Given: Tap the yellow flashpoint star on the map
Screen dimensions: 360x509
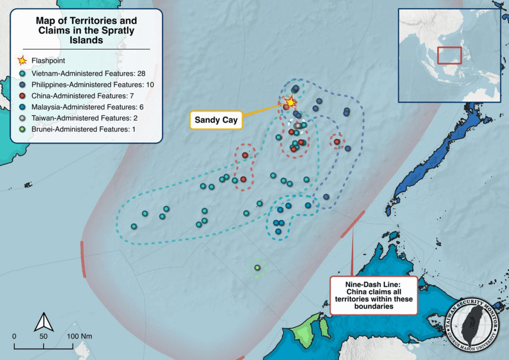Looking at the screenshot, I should pos(290,102).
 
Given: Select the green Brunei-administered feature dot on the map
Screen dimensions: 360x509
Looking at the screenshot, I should pos(257,268).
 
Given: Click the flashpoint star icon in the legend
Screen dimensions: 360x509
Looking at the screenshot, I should pos(22,61).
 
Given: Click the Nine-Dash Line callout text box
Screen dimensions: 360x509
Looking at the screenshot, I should pos(374,295).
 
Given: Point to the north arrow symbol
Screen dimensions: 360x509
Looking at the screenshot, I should pos(43,322).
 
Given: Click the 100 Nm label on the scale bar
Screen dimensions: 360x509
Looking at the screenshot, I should pos(80,336).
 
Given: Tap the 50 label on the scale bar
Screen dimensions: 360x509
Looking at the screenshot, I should pos(44,336).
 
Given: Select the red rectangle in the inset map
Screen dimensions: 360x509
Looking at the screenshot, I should pos(449,55).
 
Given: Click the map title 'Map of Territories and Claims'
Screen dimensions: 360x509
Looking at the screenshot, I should pos(86,31).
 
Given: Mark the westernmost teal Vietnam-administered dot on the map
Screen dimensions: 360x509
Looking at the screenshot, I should pos(134,226).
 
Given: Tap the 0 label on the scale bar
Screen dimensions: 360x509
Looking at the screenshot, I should pos(14,336).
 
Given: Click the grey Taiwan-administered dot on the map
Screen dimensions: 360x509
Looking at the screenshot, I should pos(297,126).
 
